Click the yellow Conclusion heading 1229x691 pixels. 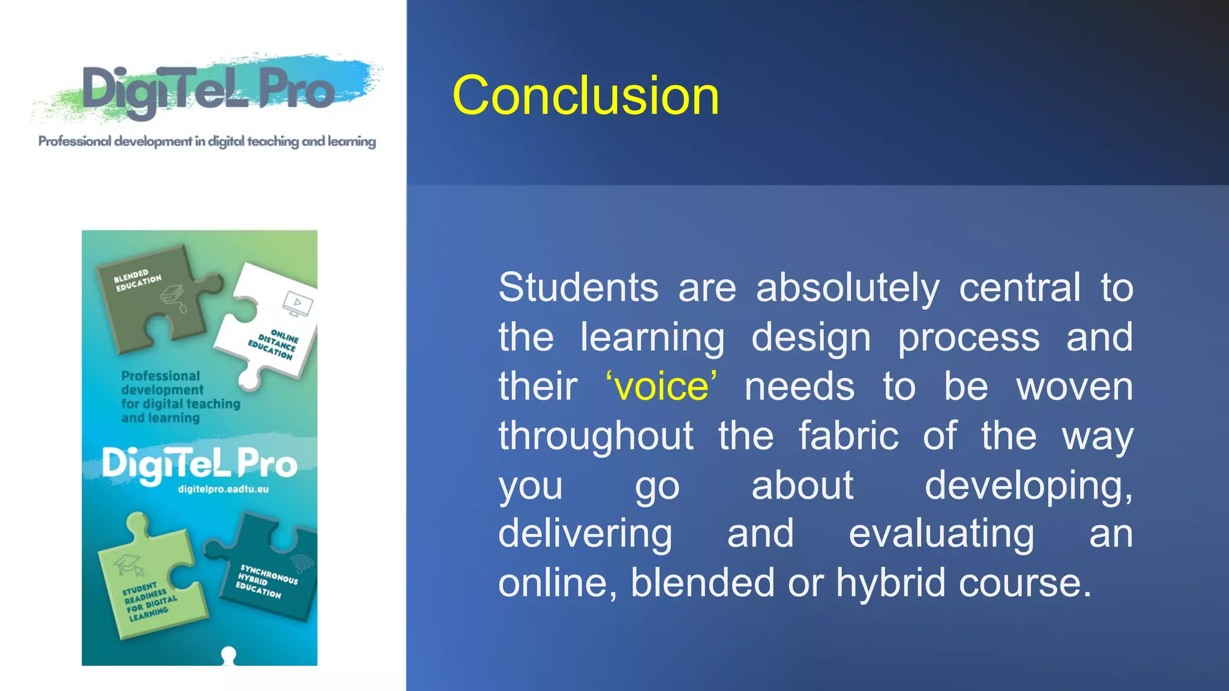585,96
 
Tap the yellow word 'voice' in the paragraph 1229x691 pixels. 661,386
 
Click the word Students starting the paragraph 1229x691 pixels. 578,287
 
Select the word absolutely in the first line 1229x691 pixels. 847,287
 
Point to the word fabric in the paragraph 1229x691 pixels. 848,435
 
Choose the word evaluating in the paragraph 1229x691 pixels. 941,534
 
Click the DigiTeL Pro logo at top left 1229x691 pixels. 208,90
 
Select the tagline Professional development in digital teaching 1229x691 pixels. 207,142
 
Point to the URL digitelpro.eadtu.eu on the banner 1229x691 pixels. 223,489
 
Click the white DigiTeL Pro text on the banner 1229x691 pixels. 199,464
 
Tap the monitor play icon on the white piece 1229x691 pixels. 298,304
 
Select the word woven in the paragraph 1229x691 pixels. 1074,386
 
